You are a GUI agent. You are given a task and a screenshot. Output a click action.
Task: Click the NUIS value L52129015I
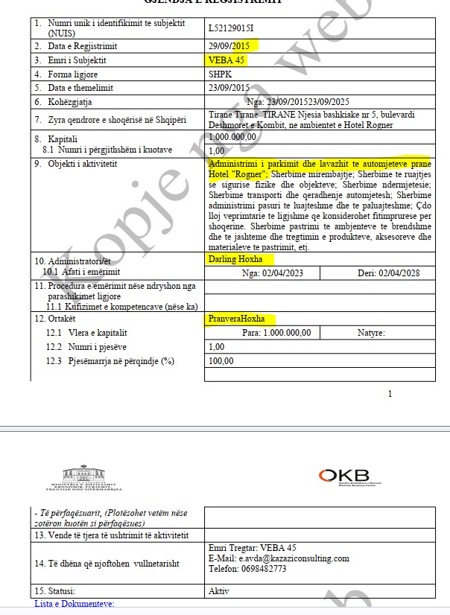[232, 29]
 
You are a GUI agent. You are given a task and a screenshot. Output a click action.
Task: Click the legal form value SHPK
[221, 74]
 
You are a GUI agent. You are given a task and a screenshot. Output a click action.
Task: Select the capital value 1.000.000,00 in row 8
[234, 137]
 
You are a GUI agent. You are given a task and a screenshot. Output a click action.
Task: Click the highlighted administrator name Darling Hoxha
[237, 259]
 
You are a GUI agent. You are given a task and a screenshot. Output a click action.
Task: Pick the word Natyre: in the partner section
[370, 333]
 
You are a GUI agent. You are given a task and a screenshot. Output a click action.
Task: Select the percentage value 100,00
[221, 361]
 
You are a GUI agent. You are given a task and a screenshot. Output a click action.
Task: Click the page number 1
[389, 394]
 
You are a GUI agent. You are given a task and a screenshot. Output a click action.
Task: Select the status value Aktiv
[219, 591]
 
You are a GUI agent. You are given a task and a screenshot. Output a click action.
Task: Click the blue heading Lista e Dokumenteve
[75, 603]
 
